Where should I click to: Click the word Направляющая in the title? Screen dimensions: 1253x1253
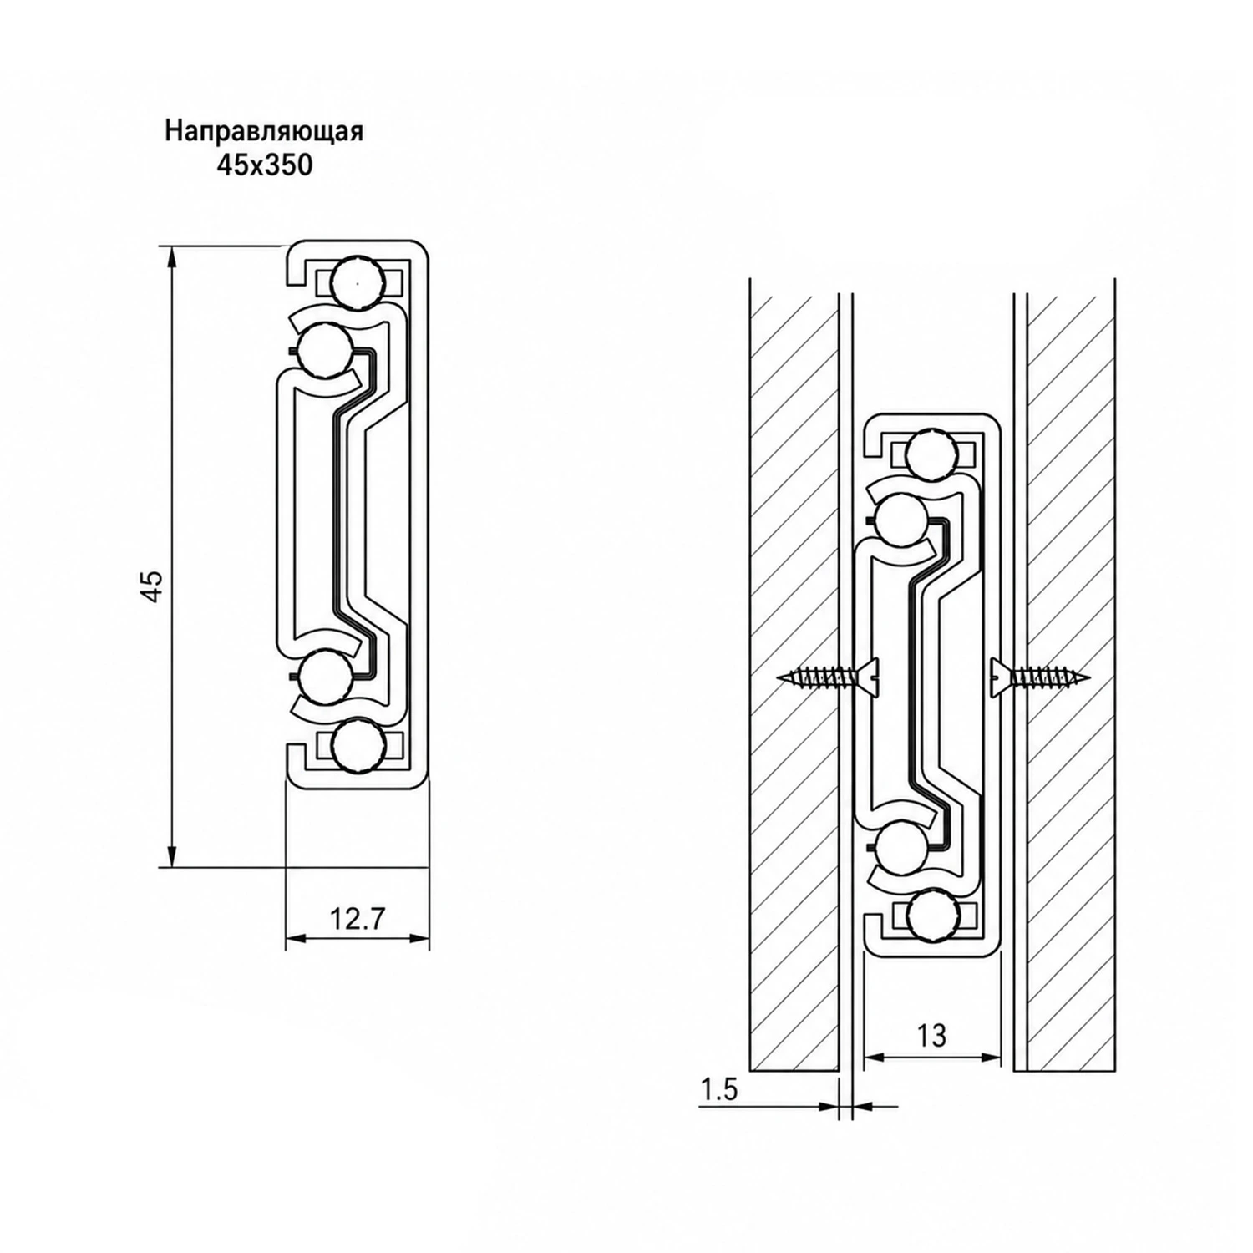pyautogui.click(x=264, y=132)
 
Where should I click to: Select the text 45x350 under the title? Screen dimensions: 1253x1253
pyautogui.click(x=264, y=165)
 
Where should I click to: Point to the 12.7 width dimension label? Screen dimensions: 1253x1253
pyautogui.click(x=357, y=921)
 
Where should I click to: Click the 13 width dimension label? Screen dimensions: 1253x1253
pyautogui.click(x=931, y=1036)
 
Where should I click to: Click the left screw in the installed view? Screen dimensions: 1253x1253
pyautogui.click(x=827, y=677)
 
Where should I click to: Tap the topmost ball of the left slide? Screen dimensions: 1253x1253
pyautogui.click(x=358, y=282)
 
